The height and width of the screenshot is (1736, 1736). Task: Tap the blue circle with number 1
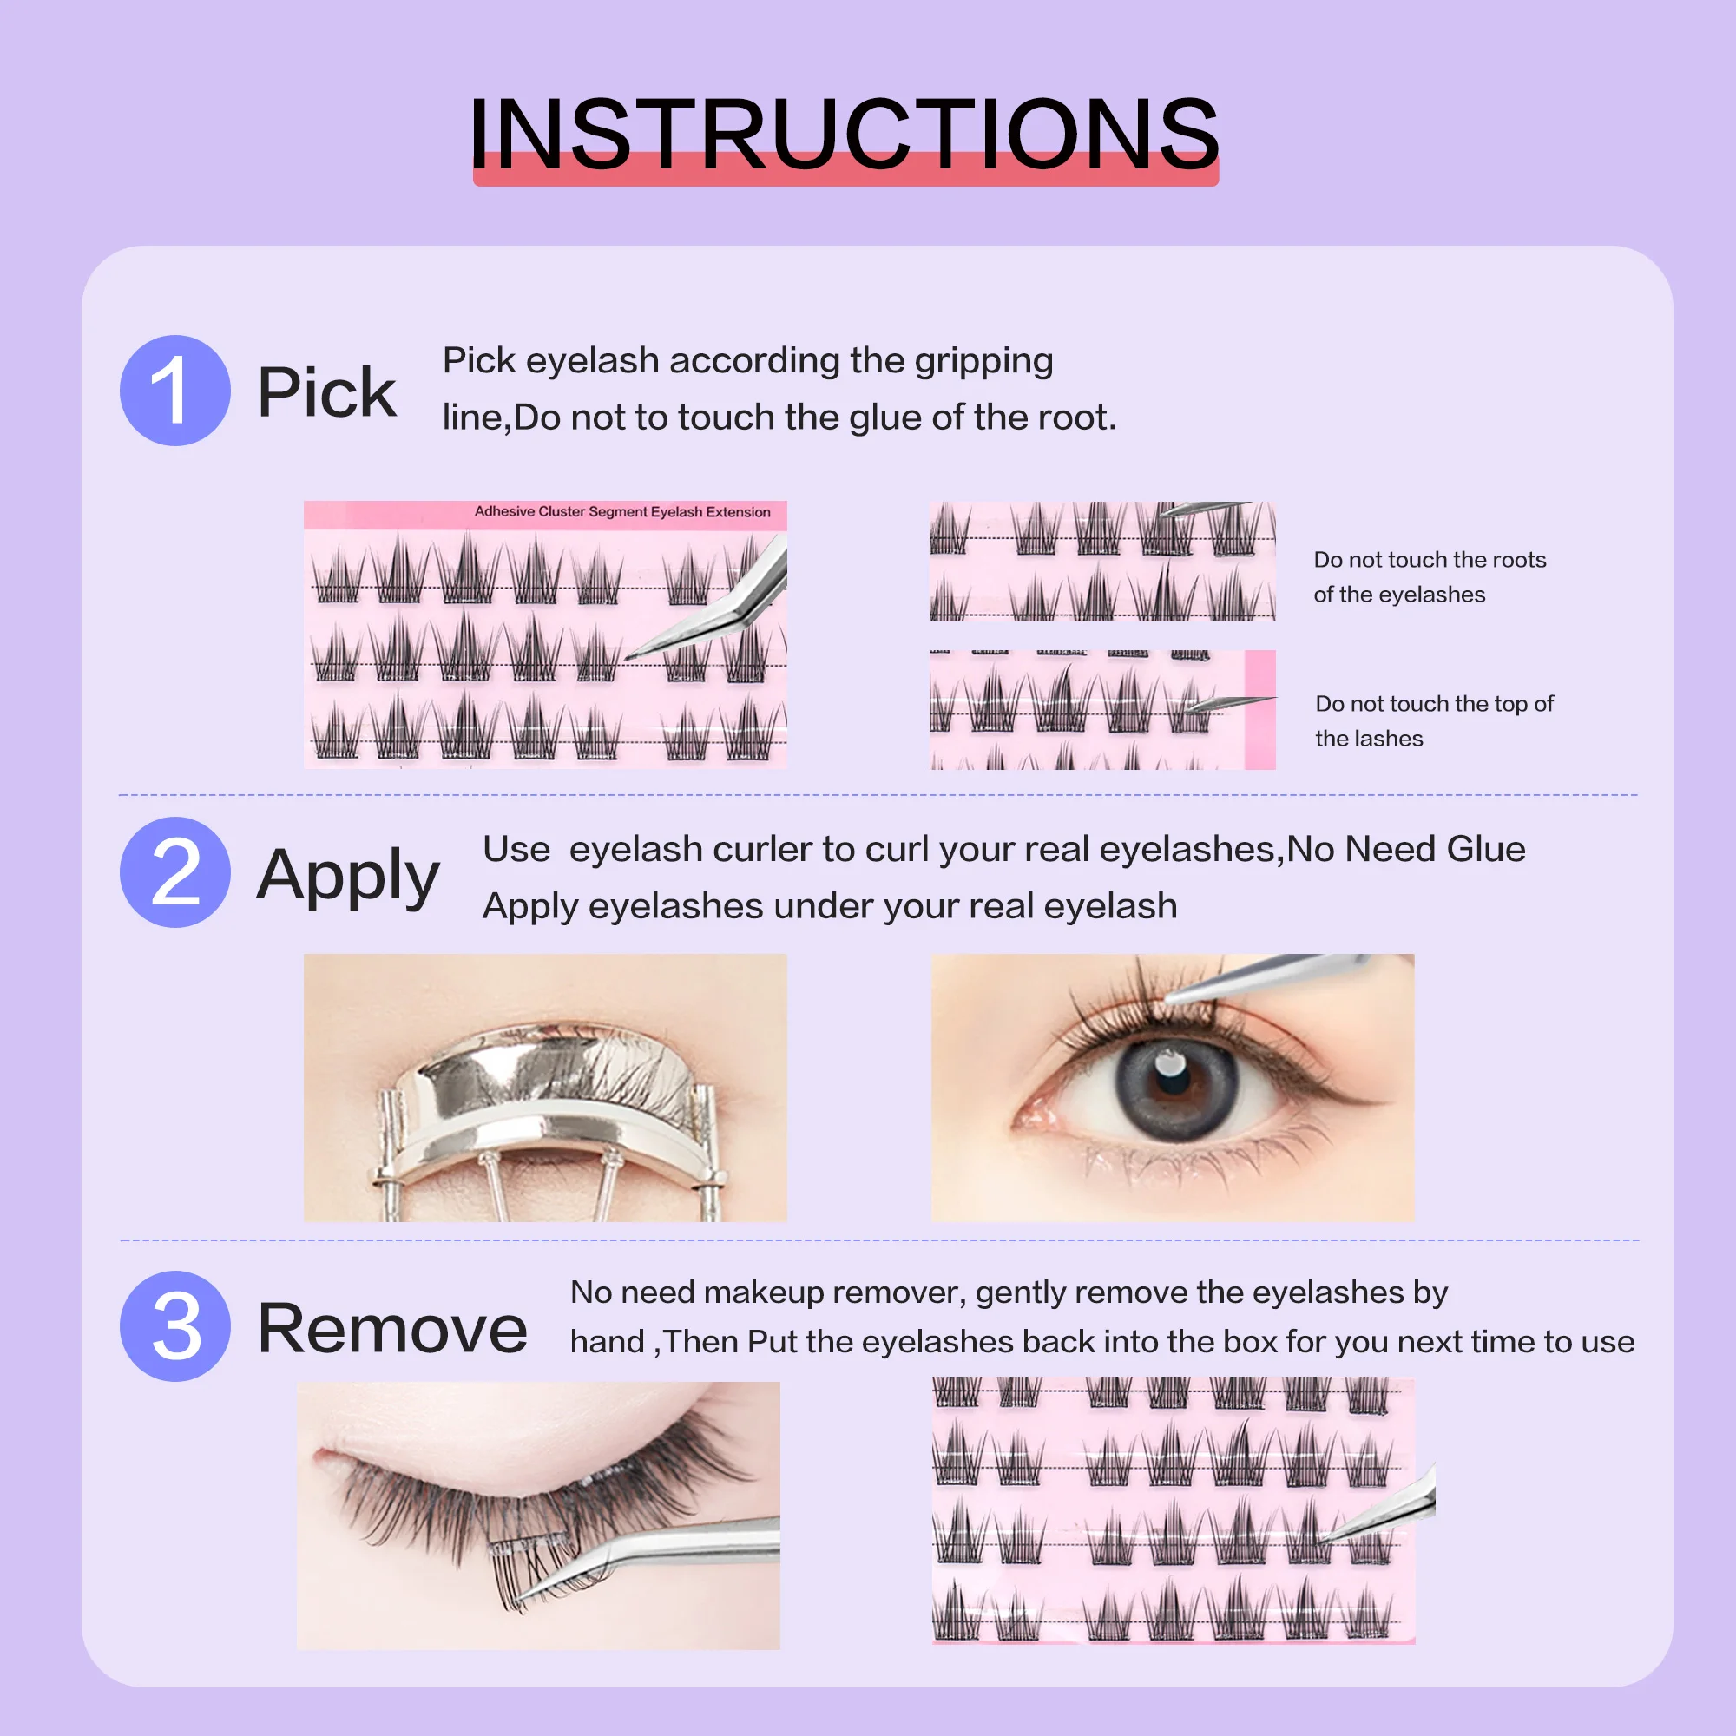click(175, 391)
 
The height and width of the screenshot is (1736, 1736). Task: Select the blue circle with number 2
click(175, 871)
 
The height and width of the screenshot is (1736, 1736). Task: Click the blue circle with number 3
click(175, 1326)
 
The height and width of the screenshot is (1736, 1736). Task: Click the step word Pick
click(326, 392)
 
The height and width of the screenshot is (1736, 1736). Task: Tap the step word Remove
click(391, 1329)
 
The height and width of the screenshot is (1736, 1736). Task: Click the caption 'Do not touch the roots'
click(1429, 560)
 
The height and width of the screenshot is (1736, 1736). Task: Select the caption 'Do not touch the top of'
click(1433, 704)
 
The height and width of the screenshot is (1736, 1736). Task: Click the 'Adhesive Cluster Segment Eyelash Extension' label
click(621, 512)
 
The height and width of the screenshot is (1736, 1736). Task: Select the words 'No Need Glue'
click(1405, 849)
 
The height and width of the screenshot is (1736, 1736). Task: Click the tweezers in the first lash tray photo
click(719, 611)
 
